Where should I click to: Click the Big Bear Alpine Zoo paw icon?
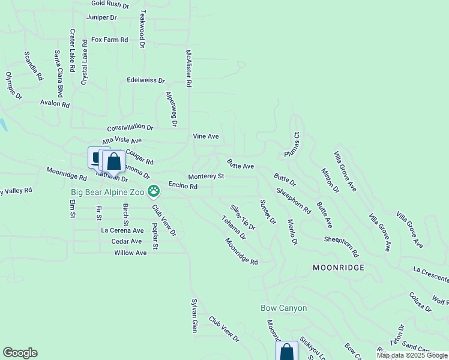point(154,192)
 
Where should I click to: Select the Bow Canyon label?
point(283,308)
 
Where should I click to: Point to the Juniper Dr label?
point(101,17)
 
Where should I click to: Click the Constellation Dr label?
point(130,128)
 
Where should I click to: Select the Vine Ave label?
point(205,136)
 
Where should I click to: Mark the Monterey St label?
point(206,176)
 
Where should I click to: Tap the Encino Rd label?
point(183,187)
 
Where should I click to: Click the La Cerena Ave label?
point(122,230)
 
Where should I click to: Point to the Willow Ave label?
point(130,253)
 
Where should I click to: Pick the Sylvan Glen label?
point(194,316)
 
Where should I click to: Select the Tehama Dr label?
point(234,228)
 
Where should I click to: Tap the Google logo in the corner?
point(20,353)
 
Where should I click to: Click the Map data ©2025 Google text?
point(412,355)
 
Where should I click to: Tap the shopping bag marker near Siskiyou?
point(287,351)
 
